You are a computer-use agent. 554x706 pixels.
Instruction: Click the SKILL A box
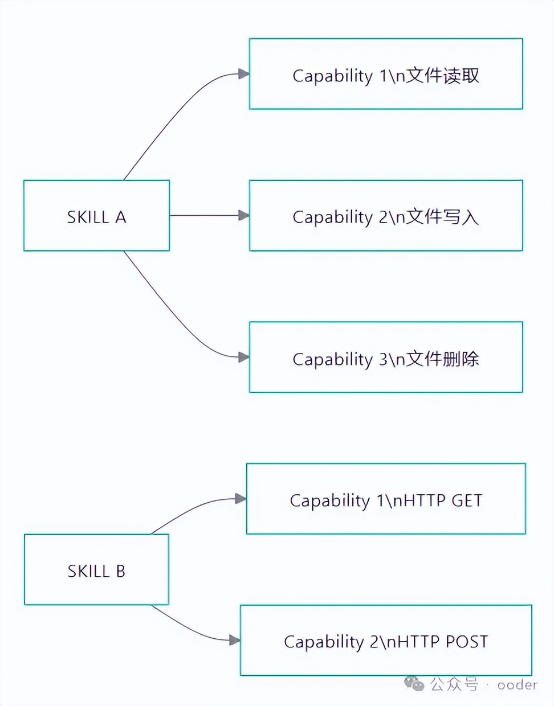point(96,216)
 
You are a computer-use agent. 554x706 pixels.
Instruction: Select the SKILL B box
point(96,570)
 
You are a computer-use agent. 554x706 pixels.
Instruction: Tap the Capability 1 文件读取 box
point(386,74)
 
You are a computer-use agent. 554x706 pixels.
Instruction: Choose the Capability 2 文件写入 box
point(386,216)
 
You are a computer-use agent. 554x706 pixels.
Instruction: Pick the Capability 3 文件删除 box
point(386,358)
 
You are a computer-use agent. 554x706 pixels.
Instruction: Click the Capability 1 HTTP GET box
point(386,499)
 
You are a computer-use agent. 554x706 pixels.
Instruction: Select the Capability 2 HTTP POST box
point(386,641)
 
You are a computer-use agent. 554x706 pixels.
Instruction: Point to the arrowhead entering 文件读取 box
point(244,73)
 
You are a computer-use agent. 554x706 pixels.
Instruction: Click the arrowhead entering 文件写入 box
point(244,215)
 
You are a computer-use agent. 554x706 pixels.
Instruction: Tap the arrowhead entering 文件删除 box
point(244,357)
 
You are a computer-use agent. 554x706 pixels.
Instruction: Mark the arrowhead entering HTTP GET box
point(241,499)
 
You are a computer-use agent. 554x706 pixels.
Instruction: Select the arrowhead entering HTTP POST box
point(235,640)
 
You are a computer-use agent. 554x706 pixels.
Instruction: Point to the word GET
point(467,500)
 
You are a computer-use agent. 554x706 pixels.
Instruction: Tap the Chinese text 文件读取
point(443,75)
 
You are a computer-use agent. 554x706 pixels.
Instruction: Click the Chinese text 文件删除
point(443,359)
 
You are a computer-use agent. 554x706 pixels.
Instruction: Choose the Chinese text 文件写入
point(443,217)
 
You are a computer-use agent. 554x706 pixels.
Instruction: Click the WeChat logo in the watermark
point(414,683)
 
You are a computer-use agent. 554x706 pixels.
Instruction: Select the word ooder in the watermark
point(517,685)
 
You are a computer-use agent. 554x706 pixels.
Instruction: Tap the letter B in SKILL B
point(120,571)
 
